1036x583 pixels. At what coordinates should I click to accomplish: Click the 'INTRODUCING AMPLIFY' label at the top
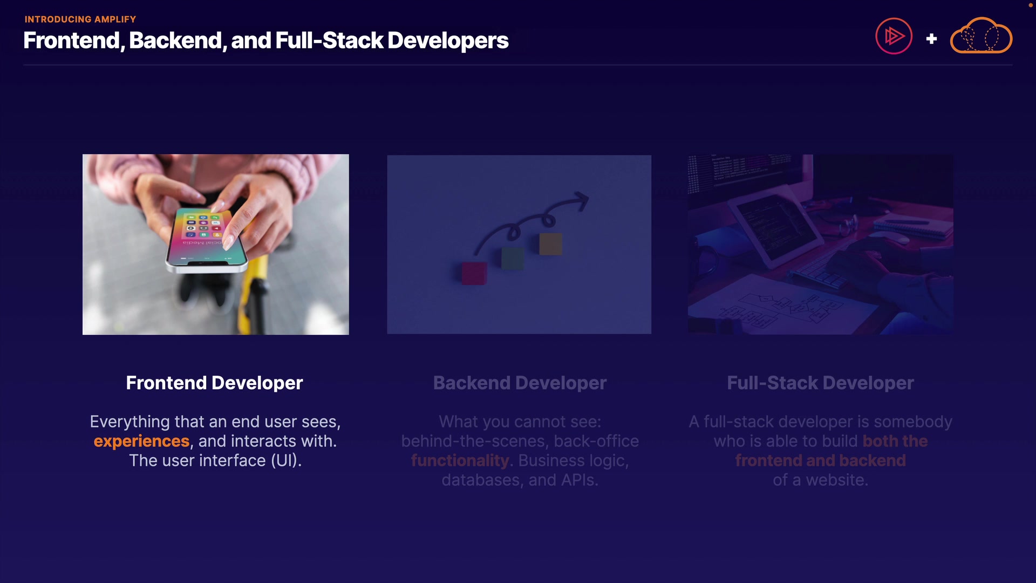click(80, 19)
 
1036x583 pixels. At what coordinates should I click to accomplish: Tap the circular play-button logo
click(894, 36)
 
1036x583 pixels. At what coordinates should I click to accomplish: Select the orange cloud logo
click(981, 36)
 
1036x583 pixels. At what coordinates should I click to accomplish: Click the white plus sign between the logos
click(931, 39)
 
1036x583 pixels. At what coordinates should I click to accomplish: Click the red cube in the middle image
click(474, 273)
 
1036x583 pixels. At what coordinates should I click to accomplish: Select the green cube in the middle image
click(513, 259)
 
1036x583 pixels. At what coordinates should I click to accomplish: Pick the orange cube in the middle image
click(550, 244)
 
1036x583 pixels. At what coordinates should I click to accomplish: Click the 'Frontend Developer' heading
click(214, 383)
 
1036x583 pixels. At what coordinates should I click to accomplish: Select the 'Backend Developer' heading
click(520, 383)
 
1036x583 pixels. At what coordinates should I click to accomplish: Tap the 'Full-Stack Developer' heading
click(820, 383)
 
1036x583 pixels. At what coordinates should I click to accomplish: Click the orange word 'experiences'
click(141, 441)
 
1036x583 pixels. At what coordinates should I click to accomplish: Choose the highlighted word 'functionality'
click(460, 460)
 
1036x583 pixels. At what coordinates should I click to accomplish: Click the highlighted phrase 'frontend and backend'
click(820, 460)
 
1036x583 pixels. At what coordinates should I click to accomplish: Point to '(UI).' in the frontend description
click(286, 460)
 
